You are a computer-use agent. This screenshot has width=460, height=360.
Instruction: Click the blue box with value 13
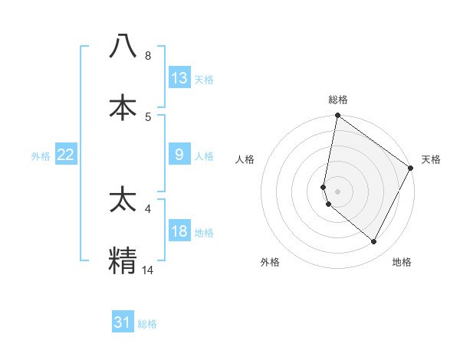(179, 77)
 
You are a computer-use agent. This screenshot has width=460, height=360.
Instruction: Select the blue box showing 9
(179, 155)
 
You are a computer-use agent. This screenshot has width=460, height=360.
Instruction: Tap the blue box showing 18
(179, 231)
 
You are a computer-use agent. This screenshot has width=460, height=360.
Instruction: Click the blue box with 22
(66, 155)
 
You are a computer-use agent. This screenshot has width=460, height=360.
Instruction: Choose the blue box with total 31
(123, 322)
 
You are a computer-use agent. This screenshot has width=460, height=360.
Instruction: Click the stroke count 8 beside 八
(148, 56)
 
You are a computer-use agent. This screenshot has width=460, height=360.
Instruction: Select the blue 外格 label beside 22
(41, 156)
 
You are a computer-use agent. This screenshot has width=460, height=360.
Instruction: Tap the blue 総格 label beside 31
(147, 324)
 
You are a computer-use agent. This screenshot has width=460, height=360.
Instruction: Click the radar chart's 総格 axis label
(338, 100)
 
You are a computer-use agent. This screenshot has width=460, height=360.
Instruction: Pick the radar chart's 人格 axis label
(245, 159)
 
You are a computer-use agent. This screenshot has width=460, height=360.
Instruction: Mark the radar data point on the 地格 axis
(374, 242)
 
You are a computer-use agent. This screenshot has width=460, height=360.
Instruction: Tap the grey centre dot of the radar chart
(338, 191)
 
